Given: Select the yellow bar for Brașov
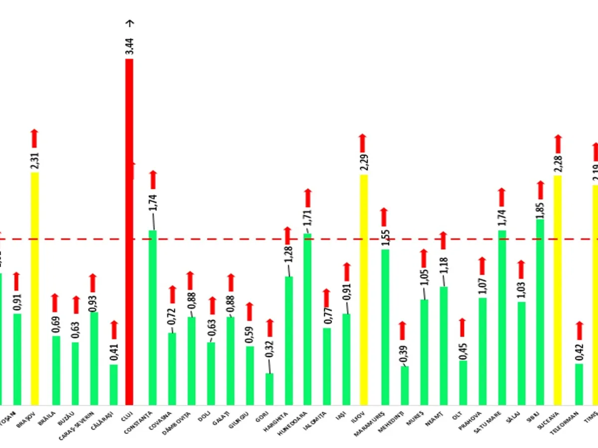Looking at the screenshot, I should tap(34, 289).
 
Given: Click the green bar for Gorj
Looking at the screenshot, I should tap(269, 389).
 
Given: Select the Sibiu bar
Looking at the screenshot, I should tap(540, 312).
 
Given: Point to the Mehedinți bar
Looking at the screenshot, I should tap(405, 385).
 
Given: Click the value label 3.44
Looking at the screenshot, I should tap(130, 45).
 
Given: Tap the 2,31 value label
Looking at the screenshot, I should tap(34, 161).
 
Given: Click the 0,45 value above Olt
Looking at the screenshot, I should tap(462, 348).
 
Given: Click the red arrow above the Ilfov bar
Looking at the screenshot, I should tap(363, 143).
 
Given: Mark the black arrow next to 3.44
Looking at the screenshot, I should tap(131, 23).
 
